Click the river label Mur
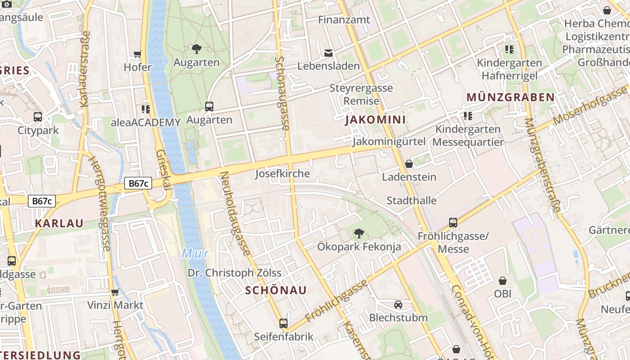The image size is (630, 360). pos(195,253)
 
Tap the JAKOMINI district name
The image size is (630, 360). pos(375,120)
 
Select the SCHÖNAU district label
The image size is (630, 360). pos(276,290)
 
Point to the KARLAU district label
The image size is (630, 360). pos(59,223)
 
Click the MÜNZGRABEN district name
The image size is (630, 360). pos(510,97)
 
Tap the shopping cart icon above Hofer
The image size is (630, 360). pos(138,54)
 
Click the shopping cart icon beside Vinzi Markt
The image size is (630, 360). pos(115,292)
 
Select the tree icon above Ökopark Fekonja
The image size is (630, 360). pos(359,233)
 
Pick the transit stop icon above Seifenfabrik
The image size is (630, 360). pos(283,323)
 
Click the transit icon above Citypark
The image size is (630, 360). pos(38,117)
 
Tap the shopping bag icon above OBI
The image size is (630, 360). pos(503,281)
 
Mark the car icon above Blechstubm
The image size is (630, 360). pos(398,305)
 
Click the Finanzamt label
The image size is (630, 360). pos(344,20)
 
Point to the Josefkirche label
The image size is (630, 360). pos(283,174)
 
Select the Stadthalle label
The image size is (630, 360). pos(411,200)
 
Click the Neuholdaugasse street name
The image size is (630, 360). pos(235,214)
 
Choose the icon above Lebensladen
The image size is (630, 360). pos(328,53)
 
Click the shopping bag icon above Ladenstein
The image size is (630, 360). pos(409,164)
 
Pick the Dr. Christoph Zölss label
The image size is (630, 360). pos(234,273)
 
